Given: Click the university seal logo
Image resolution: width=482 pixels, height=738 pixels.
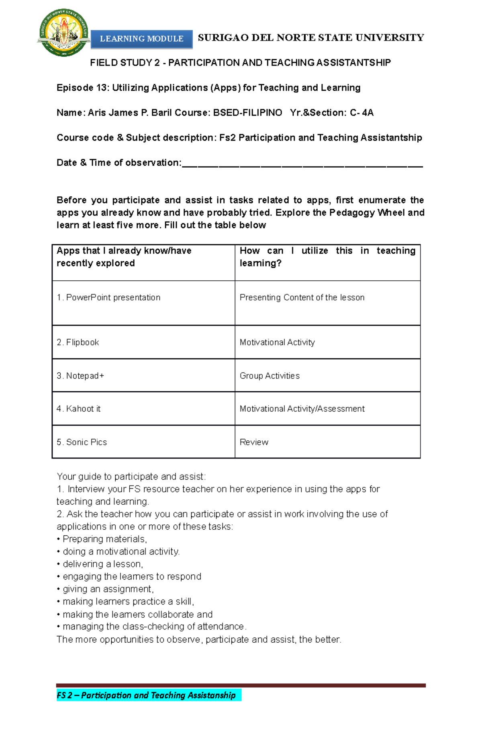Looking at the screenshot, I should click(63, 33).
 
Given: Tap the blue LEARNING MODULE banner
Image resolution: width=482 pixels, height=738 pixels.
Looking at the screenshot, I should click(141, 39).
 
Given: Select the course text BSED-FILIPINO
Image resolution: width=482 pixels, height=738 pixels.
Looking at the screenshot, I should click(247, 113).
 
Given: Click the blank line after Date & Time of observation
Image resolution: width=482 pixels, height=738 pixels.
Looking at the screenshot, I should click(302, 164).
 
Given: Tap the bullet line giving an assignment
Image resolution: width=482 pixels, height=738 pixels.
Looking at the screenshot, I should click(108, 589).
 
